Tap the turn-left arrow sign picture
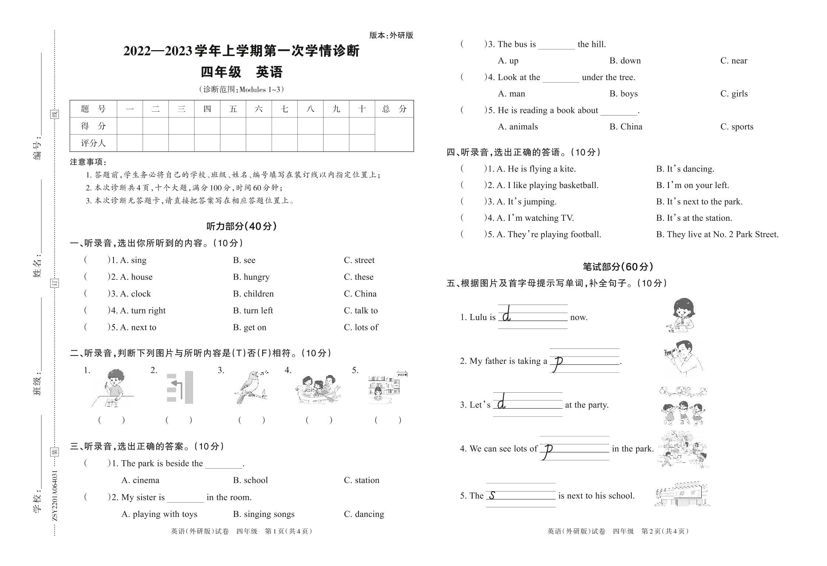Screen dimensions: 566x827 (180, 387)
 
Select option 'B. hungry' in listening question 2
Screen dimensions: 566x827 (251, 277)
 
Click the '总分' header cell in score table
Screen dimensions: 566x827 (394, 109)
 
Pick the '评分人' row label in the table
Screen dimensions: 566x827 (93, 143)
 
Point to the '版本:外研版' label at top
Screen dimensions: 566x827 (391, 35)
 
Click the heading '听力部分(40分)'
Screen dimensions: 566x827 (241, 226)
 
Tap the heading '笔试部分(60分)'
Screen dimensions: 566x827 (618, 267)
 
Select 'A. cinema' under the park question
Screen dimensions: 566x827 (140, 480)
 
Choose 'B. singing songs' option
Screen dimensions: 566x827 (264, 514)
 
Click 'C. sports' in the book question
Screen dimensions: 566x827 (737, 127)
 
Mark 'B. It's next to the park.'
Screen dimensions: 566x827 (699, 202)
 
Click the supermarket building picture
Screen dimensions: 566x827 (683, 494)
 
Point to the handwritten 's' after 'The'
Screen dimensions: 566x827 (492, 496)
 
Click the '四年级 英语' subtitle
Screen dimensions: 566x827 (241, 72)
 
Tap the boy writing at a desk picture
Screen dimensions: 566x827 (112, 388)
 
